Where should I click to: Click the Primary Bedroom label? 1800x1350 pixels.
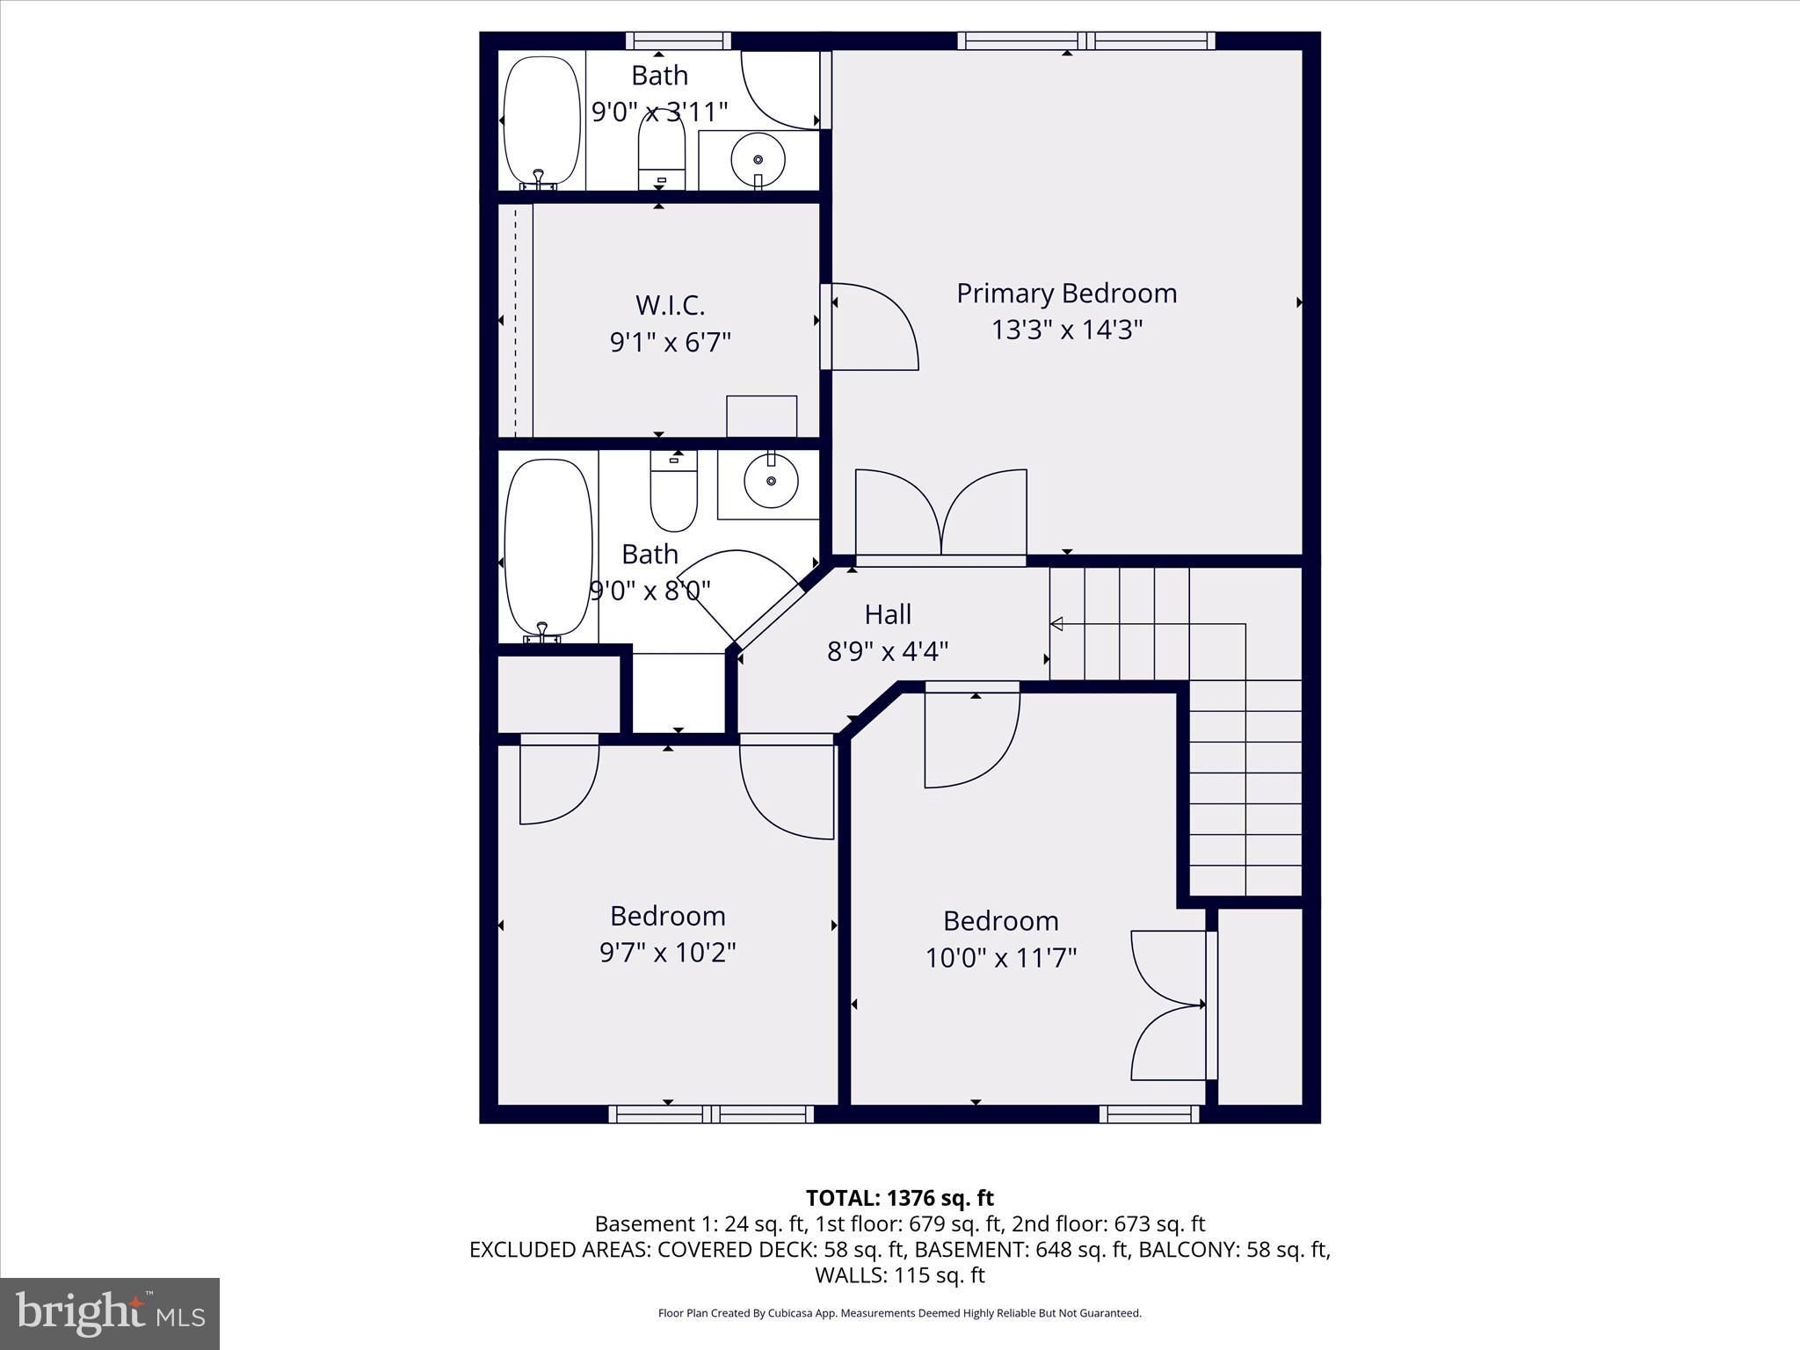click(x=1066, y=294)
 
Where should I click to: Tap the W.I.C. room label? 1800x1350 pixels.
click(x=670, y=306)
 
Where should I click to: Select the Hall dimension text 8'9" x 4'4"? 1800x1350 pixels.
click(x=888, y=652)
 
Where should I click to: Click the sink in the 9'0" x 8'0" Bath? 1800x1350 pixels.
click(x=771, y=481)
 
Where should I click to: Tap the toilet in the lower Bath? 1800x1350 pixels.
click(x=673, y=492)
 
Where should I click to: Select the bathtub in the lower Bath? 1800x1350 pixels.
click(x=548, y=547)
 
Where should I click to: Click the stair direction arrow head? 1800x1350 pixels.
click(x=1057, y=624)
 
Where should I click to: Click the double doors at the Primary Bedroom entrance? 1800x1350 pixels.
click(x=940, y=514)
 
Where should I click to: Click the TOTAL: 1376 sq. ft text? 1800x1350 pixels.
click(x=899, y=1198)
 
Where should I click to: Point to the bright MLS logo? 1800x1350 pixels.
click(x=110, y=1313)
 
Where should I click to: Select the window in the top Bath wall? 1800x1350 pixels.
click(x=679, y=40)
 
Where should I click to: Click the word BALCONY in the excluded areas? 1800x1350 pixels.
click(x=1188, y=1250)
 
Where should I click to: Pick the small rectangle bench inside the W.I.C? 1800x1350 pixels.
click(x=761, y=416)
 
